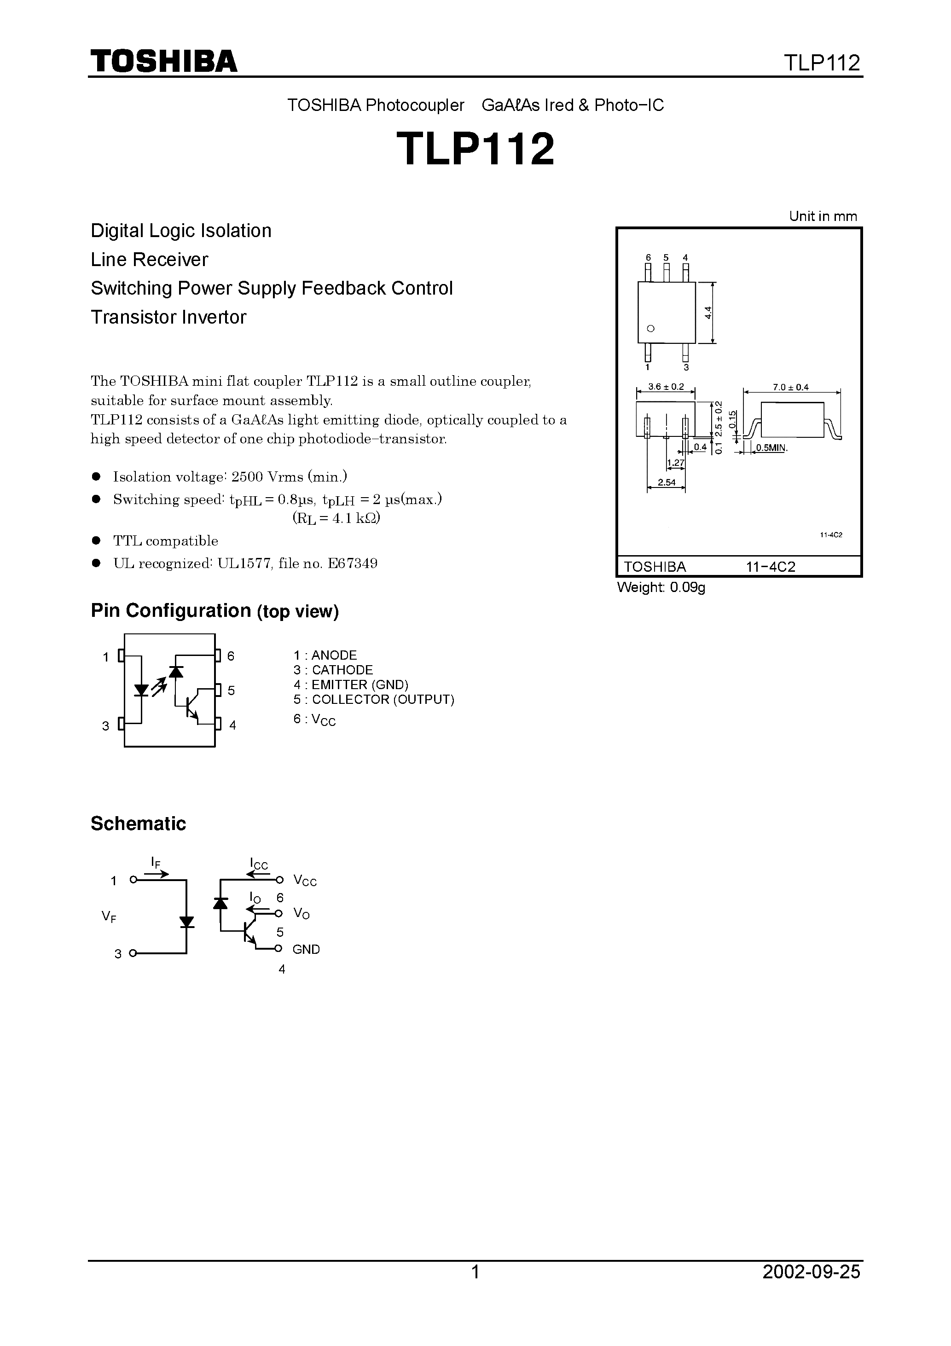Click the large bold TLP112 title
(x=475, y=149)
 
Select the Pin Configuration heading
(x=215, y=611)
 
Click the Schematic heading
(x=139, y=824)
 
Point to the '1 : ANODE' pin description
(x=325, y=655)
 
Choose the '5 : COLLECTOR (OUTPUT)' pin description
(x=373, y=699)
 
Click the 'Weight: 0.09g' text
(x=661, y=587)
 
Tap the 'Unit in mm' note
(x=823, y=216)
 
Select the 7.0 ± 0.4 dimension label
(x=790, y=388)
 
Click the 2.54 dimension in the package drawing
(x=667, y=482)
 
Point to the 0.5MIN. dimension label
(x=771, y=448)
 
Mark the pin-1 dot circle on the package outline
(x=650, y=328)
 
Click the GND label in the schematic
(x=306, y=949)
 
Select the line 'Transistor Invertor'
(x=168, y=317)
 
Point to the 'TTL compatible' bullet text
(x=165, y=540)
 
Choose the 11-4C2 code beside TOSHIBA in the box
(x=771, y=567)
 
